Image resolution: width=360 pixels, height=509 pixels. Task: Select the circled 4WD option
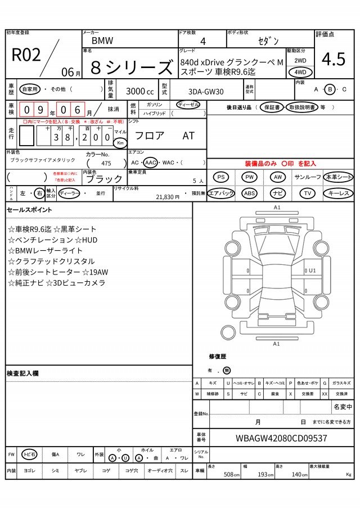[300, 72]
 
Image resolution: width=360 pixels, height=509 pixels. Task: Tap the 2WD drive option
[300, 60]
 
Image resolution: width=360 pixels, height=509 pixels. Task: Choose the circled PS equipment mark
[221, 177]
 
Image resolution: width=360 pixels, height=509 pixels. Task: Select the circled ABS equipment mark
[249, 193]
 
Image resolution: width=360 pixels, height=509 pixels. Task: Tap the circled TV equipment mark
[307, 193]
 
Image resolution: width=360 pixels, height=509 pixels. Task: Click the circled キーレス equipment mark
[338, 193]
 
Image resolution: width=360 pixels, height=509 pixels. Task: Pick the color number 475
[106, 163]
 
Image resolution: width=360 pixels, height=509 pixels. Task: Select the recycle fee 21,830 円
[167, 197]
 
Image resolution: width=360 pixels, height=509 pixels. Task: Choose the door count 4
[202, 41]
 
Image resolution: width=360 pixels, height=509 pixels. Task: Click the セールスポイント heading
[29, 210]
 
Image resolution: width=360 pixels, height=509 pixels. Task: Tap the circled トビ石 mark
[29, 454]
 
